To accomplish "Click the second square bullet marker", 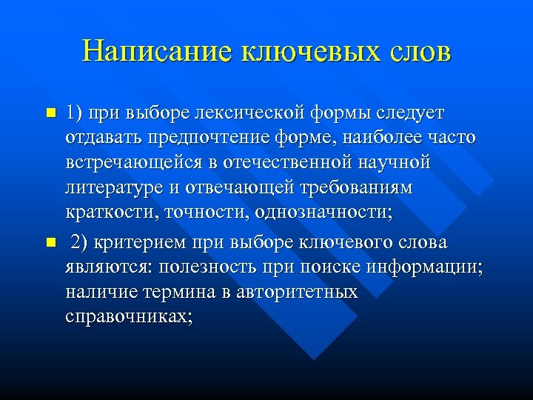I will [x=50, y=243].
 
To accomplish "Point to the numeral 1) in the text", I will [x=74, y=113].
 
